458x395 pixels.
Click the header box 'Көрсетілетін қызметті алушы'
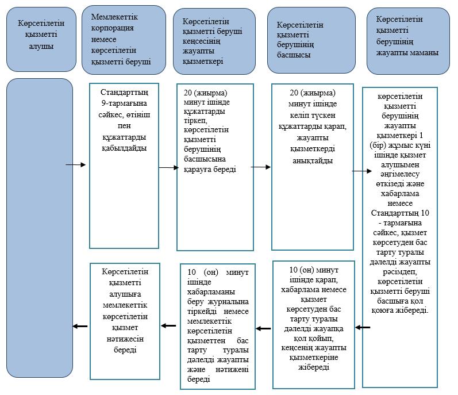[x=41, y=40]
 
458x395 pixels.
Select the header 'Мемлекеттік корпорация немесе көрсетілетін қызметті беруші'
[x=124, y=40]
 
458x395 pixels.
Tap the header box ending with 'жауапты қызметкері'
[x=214, y=41]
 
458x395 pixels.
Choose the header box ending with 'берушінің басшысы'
[x=311, y=40]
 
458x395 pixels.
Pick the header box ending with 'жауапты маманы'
[x=408, y=41]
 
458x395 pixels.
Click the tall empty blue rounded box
[x=40, y=228]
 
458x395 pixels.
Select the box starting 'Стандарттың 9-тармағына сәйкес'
[x=124, y=166]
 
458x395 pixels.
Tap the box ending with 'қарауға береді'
[x=215, y=167]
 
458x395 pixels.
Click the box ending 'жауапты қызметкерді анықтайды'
[x=313, y=167]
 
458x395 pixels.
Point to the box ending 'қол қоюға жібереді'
[x=400, y=237]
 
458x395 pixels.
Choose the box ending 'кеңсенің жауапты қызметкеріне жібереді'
[x=314, y=325]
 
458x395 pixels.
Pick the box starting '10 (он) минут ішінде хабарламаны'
[x=218, y=327]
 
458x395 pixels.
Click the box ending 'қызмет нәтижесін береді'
[x=125, y=321]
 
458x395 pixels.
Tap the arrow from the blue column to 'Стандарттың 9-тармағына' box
[x=76, y=165]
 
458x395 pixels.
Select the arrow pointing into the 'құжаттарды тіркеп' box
[x=168, y=167]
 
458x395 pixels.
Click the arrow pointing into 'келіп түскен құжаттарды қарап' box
[x=261, y=167]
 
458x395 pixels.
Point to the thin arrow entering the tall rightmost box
[x=362, y=171]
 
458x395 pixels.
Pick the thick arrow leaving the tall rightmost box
[x=363, y=328]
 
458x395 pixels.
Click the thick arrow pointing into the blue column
[x=80, y=326]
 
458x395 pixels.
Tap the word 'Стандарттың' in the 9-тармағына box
[x=125, y=93]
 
